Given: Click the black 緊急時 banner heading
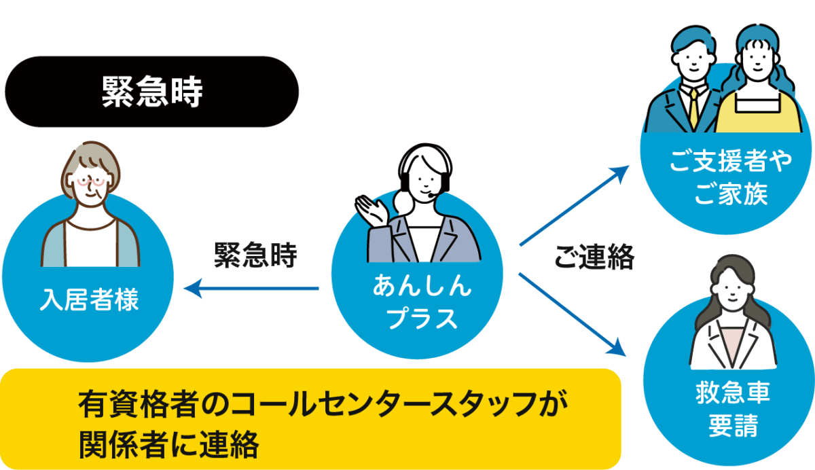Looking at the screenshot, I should (x=151, y=92).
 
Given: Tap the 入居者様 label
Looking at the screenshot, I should (x=89, y=299).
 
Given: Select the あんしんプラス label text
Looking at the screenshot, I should (x=421, y=302).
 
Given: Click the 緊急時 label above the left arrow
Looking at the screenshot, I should (x=255, y=255).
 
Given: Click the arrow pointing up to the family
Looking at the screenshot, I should (x=574, y=204).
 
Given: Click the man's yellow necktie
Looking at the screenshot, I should (x=693, y=108).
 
